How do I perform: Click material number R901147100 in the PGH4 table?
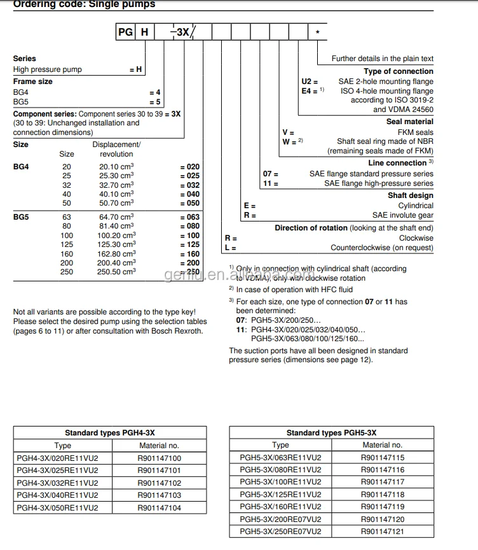(x=159, y=458)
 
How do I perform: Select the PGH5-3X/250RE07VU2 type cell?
(x=280, y=532)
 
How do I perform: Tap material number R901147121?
(x=382, y=532)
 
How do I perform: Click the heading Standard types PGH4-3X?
(x=109, y=433)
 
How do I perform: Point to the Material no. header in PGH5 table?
(x=382, y=445)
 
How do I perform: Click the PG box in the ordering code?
(x=125, y=31)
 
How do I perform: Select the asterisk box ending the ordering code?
(x=317, y=31)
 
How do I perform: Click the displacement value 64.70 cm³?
(x=116, y=217)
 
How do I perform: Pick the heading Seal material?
(x=409, y=122)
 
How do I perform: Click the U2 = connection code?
(x=310, y=81)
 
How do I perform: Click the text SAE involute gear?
(x=402, y=215)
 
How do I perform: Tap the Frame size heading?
(x=33, y=81)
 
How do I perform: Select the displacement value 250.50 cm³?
(x=116, y=272)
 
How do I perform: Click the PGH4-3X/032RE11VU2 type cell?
(x=57, y=483)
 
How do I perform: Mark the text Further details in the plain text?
(x=382, y=59)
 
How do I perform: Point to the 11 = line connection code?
(x=271, y=183)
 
